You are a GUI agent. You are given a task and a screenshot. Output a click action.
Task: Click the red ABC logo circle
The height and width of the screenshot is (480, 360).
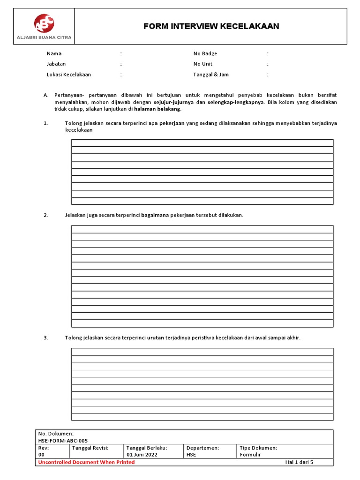(x=44, y=23)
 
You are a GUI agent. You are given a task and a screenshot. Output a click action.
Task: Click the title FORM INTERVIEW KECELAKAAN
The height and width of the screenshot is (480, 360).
(x=211, y=26)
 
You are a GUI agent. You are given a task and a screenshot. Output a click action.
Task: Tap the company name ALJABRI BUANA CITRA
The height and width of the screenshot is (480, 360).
(x=44, y=37)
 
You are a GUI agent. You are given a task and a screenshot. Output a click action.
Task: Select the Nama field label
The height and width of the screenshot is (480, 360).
(x=54, y=54)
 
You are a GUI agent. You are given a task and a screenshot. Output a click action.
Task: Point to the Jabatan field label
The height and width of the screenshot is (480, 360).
(x=56, y=64)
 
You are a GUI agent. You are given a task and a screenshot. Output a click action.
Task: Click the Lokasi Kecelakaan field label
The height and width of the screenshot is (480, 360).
(x=69, y=75)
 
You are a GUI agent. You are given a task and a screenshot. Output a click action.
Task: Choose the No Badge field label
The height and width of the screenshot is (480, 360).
(x=205, y=54)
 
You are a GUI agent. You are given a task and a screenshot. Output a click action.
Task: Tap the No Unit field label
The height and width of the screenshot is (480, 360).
(x=203, y=64)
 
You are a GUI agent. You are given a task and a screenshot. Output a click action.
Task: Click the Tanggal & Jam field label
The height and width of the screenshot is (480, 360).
(x=211, y=75)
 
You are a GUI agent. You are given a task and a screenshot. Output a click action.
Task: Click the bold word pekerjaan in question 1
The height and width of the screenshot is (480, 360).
(x=172, y=123)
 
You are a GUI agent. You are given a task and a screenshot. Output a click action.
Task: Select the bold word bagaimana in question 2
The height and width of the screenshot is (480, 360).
(x=155, y=215)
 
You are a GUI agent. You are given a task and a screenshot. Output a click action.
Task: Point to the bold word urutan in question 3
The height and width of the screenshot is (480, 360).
(x=156, y=337)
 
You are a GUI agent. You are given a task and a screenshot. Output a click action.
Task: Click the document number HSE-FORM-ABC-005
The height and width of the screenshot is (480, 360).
(x=63, y=441)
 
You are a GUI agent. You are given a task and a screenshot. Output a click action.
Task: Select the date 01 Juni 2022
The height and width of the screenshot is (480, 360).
(x=142, y=455)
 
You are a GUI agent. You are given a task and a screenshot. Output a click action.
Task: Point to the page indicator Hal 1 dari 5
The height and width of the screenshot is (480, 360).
(x=299, y=462)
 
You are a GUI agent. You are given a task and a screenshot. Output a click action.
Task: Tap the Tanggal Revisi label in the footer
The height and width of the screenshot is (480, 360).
(x=90, y=448)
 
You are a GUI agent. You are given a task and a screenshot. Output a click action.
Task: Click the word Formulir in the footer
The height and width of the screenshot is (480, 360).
(x=250, y=455)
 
